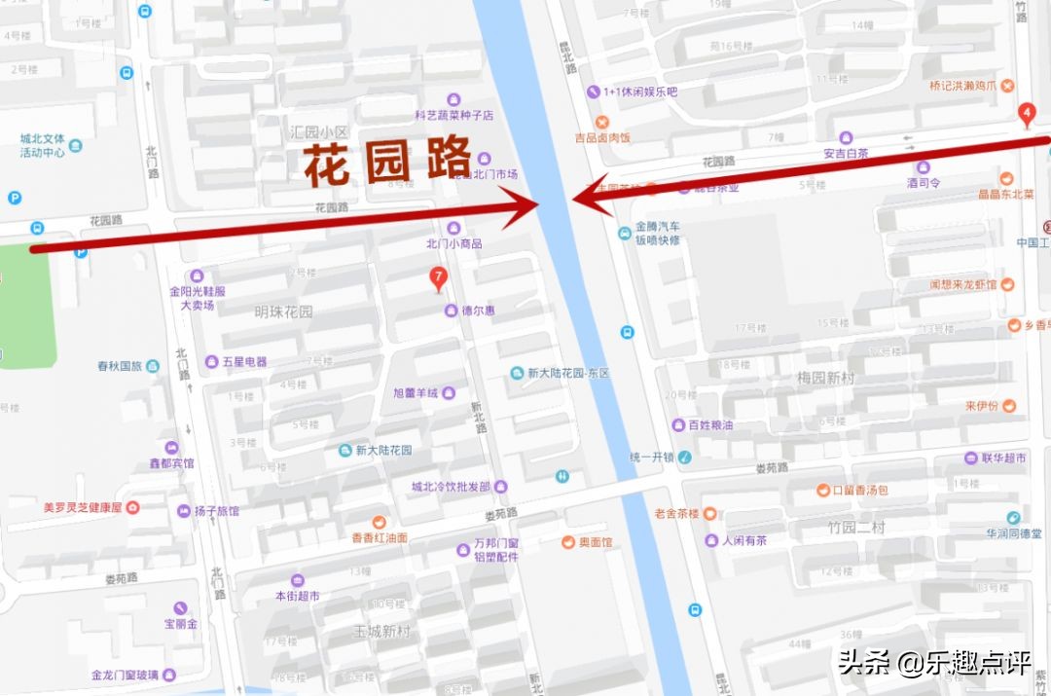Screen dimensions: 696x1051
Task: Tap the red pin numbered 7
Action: click(439, 279)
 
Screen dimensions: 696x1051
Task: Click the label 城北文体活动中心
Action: click(42, 145)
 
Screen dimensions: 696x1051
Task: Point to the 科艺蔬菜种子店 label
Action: click(453, 115)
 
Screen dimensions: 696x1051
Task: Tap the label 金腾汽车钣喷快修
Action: click(657, 233)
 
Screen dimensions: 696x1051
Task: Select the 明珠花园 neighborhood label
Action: click(284, 311)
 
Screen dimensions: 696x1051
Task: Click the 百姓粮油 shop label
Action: click(710, 424)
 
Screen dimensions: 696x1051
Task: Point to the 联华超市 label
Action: click(1003, 458)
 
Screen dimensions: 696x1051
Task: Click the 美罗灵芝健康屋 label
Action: click(83, 507)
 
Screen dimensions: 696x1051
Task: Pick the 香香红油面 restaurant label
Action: click(380, 537)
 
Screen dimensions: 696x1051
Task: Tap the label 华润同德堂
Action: click(1012, 532)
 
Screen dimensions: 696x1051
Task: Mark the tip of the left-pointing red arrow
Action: click(573, 198)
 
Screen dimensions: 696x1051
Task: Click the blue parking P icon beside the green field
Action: click(81, 252)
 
